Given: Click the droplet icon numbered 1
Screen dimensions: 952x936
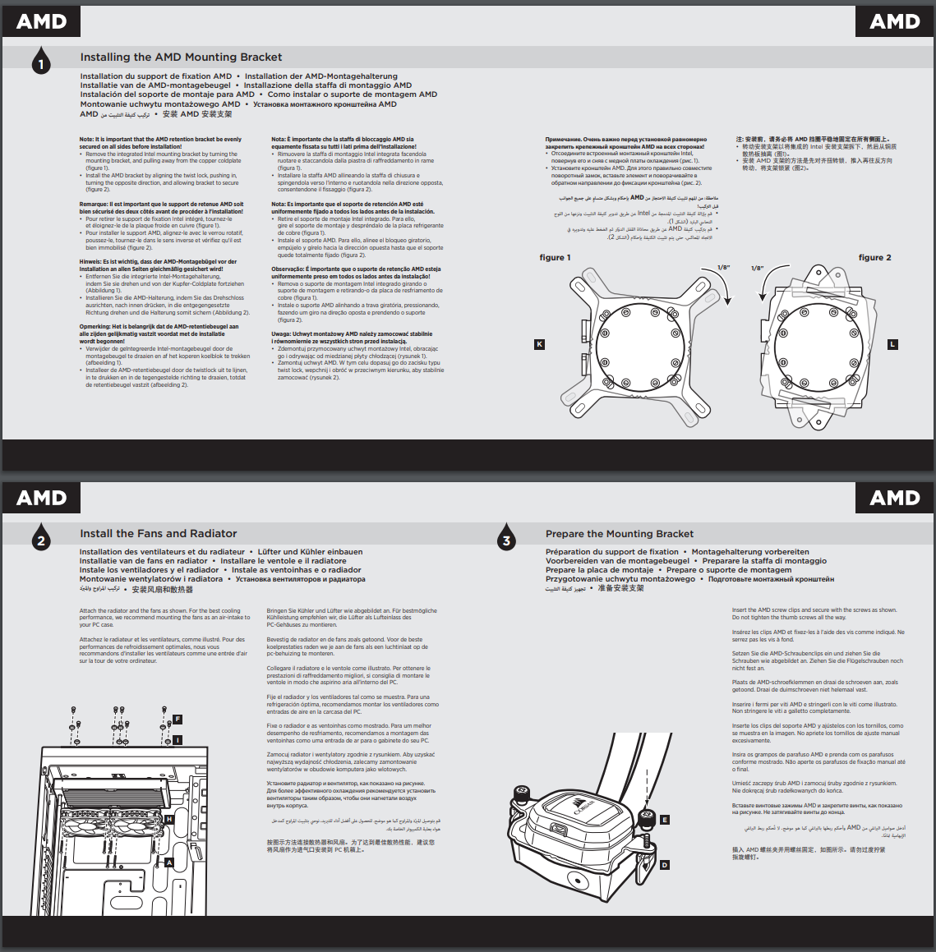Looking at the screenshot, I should [41, 62].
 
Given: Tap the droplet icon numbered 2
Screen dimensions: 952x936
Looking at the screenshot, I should [41, 539].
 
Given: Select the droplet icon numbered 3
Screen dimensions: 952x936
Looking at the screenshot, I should [506, 539].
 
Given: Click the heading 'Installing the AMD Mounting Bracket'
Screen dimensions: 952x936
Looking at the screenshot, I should [181, 57].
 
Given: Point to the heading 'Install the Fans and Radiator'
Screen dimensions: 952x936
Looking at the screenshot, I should [158, 534].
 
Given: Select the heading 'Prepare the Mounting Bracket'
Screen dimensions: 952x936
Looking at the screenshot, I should [619, 534].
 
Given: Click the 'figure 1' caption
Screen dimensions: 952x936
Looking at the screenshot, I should [555, 258].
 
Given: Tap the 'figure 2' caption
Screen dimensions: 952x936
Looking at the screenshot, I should [874, 258].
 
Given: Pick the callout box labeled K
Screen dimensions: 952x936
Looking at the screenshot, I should [539, 344].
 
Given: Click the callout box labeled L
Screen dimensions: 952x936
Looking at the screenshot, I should [892, 344].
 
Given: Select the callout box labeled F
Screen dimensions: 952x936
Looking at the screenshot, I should [177, 720].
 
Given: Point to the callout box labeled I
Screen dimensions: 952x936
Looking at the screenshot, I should [177, 740].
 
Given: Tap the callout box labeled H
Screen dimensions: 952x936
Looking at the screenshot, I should [169, 819].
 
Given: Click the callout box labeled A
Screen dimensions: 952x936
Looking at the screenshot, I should [169, 862].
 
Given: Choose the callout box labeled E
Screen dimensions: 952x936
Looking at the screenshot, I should [665, 820].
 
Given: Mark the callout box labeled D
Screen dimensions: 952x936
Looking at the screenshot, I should [665, 864].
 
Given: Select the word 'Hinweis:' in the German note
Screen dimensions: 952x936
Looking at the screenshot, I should [90, 262].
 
